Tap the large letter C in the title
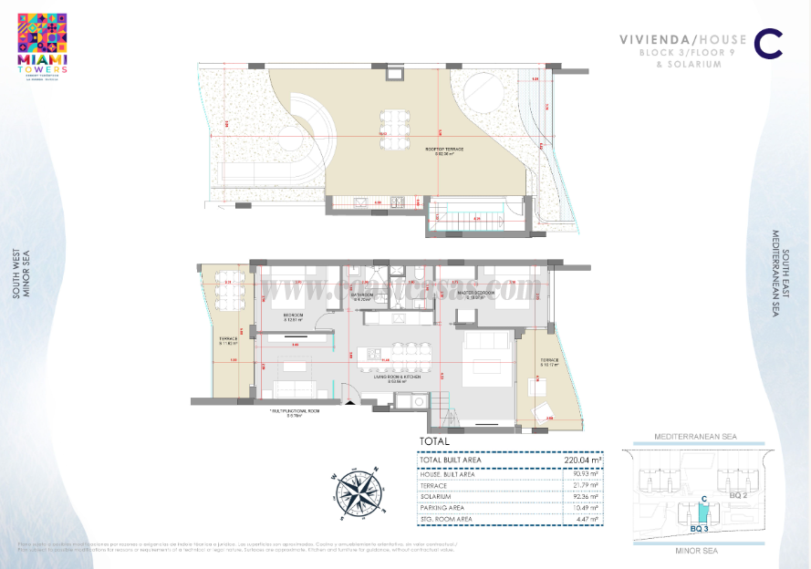tap(770, 44)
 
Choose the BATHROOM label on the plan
tap(364, 295)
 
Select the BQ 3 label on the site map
tap(701, 528)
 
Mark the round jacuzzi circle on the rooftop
tap(483, 94)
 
